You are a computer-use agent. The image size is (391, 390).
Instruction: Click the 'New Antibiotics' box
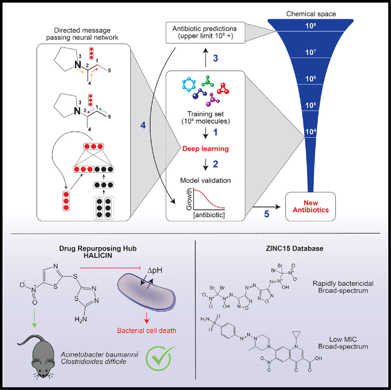point(311,206)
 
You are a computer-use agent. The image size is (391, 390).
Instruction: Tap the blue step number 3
point(216,58)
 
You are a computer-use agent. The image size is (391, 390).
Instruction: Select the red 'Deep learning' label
point(206,149)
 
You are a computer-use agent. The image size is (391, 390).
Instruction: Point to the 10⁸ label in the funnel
point(311,26)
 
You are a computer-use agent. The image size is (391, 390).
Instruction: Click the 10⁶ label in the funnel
point(311,79)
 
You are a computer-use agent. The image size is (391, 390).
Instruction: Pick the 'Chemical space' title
point(311,14)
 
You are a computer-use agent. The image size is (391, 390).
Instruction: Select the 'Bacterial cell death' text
point(146,330)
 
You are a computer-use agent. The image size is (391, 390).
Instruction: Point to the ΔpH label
point(155,270)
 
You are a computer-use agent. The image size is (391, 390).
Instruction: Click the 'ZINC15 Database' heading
point(295,248)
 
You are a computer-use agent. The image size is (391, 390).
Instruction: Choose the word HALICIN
point(98,255)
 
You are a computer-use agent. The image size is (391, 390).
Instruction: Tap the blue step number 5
point(267,214)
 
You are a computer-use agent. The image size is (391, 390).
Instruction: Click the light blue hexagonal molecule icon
point(189,84)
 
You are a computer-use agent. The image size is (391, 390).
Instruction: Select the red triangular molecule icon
point(223,89)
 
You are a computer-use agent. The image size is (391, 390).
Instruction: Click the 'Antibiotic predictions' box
point(205,32)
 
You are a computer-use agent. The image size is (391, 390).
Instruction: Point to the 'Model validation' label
point(206,180)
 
